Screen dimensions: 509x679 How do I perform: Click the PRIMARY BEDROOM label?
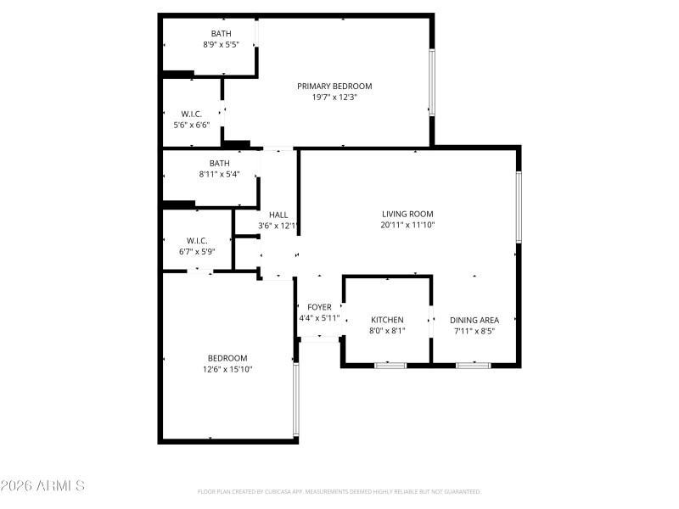coord(334,86)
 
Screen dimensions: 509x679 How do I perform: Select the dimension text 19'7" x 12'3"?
coord(334,98)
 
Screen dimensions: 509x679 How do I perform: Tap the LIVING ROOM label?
coord(407,214)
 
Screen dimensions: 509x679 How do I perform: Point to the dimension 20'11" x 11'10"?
coord(407,226)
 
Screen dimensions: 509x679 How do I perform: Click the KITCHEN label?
coord(387,320)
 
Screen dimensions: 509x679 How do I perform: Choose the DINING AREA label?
coord(474,320)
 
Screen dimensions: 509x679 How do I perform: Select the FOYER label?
coord(319,307)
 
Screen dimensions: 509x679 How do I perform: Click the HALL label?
coord(278,215)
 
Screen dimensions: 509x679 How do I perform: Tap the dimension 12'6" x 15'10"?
coord(227,369)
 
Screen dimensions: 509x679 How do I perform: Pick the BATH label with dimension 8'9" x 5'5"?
coord(221,34)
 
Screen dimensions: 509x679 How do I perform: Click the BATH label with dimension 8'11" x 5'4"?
coord(220,164)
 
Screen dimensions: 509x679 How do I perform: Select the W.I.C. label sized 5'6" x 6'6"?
coord(191,114)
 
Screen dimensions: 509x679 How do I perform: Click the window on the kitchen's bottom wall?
coord(390,365)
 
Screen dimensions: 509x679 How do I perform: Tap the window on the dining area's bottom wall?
coord(473,365)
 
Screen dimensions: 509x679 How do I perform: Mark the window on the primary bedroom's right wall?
coord(431,82)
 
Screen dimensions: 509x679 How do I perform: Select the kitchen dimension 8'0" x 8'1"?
coord(387,331)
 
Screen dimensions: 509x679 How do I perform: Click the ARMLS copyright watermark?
coord(42,486)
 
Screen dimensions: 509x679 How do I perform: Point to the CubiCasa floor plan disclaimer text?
coord(339,491)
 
